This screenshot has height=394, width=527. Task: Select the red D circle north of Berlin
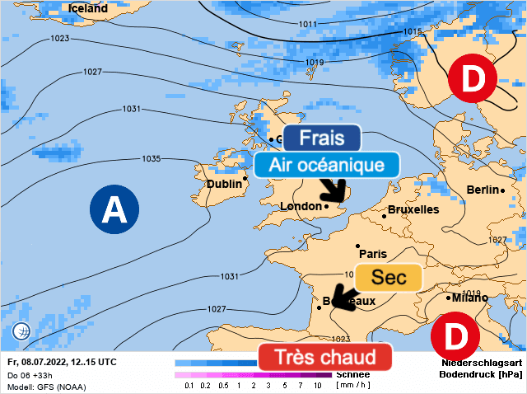[x=472, y=79]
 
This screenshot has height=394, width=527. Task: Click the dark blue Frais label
[x=321, y=138]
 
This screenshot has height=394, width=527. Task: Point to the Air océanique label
[x=328, y=165]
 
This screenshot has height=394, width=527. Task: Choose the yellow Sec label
[x=389, y=278]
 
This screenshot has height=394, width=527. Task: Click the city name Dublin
[x=224, y=184]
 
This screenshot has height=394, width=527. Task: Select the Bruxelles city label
[x=413, y=209]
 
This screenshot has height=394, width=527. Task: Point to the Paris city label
[x=372, y=254]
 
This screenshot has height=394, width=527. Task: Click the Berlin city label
[x=483, y=190]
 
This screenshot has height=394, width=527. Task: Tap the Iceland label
[x=87, y=8]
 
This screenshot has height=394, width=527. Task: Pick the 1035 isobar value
[x=151, y=158]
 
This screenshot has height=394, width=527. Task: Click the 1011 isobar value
[x=307, y=25]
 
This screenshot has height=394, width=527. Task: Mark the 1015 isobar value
[x=413, y=31]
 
